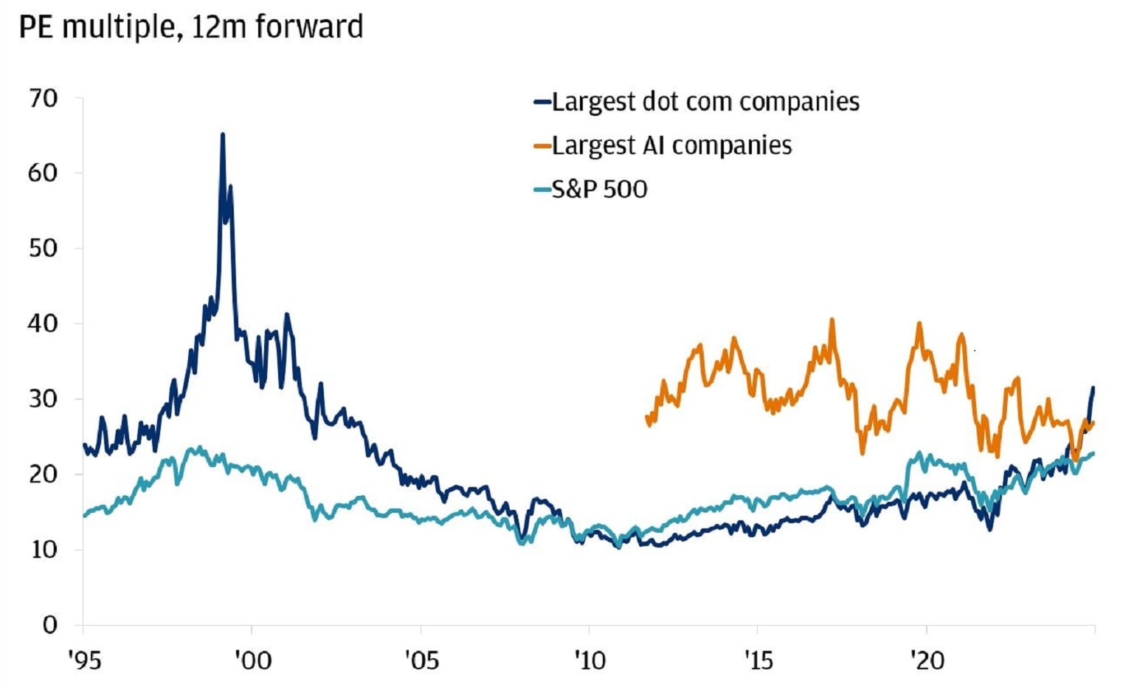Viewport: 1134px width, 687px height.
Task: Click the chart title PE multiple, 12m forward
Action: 190,27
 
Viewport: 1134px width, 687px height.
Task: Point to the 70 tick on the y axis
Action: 44,98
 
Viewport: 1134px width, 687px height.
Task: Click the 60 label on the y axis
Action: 44,173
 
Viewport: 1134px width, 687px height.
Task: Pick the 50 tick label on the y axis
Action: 44,249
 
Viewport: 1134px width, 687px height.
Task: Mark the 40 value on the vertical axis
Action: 44,324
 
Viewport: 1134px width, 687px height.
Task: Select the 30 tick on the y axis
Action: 44,399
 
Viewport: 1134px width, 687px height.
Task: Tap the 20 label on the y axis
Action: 44,474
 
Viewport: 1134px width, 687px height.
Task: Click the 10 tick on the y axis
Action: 44,550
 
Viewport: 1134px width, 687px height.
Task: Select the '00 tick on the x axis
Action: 252,660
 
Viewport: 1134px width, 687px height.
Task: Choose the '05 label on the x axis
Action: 421,660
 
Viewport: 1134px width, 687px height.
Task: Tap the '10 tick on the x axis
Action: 590,660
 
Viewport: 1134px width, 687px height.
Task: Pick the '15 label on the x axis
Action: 758,660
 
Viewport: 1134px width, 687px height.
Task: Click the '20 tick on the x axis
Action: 927,660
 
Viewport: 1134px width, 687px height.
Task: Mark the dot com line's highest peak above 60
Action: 223,135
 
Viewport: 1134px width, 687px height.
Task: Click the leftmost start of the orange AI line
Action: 647,417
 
